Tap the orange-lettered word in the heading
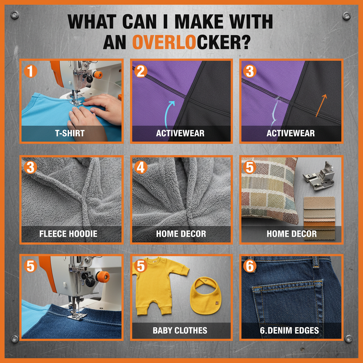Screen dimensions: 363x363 coord(166,42)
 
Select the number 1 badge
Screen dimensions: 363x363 coord(31,71)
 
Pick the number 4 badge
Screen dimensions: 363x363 coord(141,168)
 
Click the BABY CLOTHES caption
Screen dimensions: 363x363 coord(180,330)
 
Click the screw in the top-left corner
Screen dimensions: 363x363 coord(15,15)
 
